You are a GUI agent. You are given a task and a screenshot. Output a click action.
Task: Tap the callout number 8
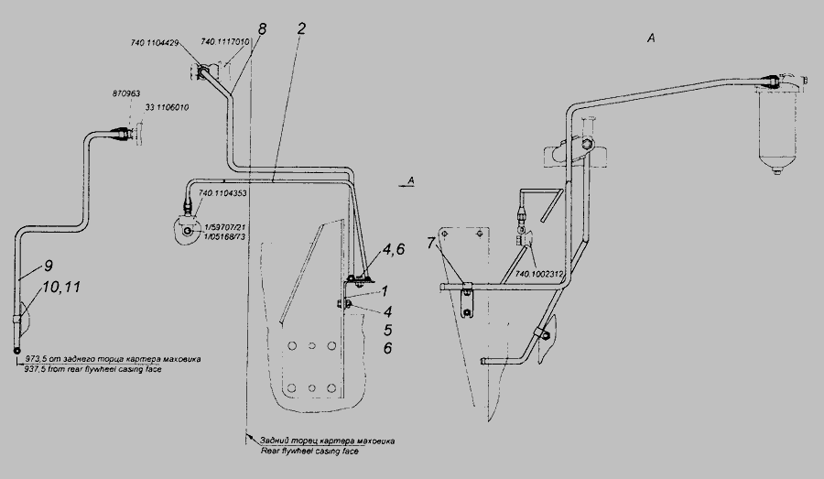coord(262,29)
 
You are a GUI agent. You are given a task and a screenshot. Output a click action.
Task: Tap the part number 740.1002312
coord(537,273)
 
